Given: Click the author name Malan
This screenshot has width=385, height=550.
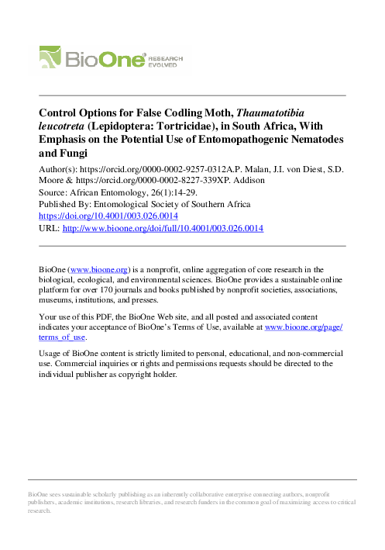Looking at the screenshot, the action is (261, 168).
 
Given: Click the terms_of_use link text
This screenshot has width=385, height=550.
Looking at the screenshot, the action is (66, 338).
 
